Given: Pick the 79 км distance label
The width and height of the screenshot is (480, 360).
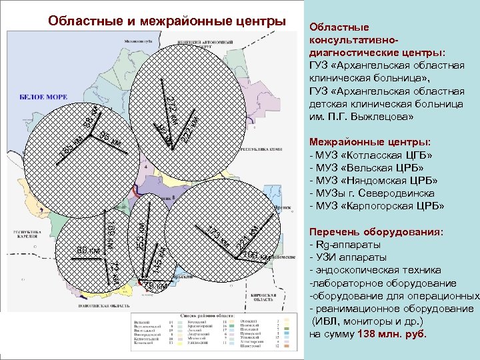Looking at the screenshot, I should tap(154, 285).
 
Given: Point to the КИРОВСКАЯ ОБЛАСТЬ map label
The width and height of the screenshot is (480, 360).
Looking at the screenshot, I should tap(270, 297).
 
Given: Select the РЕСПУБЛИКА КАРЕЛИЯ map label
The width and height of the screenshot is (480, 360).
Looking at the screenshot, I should tap(21, 237).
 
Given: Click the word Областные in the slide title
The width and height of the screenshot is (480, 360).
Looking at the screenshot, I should tap(85, 21).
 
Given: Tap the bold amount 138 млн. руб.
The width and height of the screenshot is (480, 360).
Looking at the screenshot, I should tap(392, 333).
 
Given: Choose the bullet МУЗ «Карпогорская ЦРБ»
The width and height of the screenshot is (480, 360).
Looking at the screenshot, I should tap(377, 205).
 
